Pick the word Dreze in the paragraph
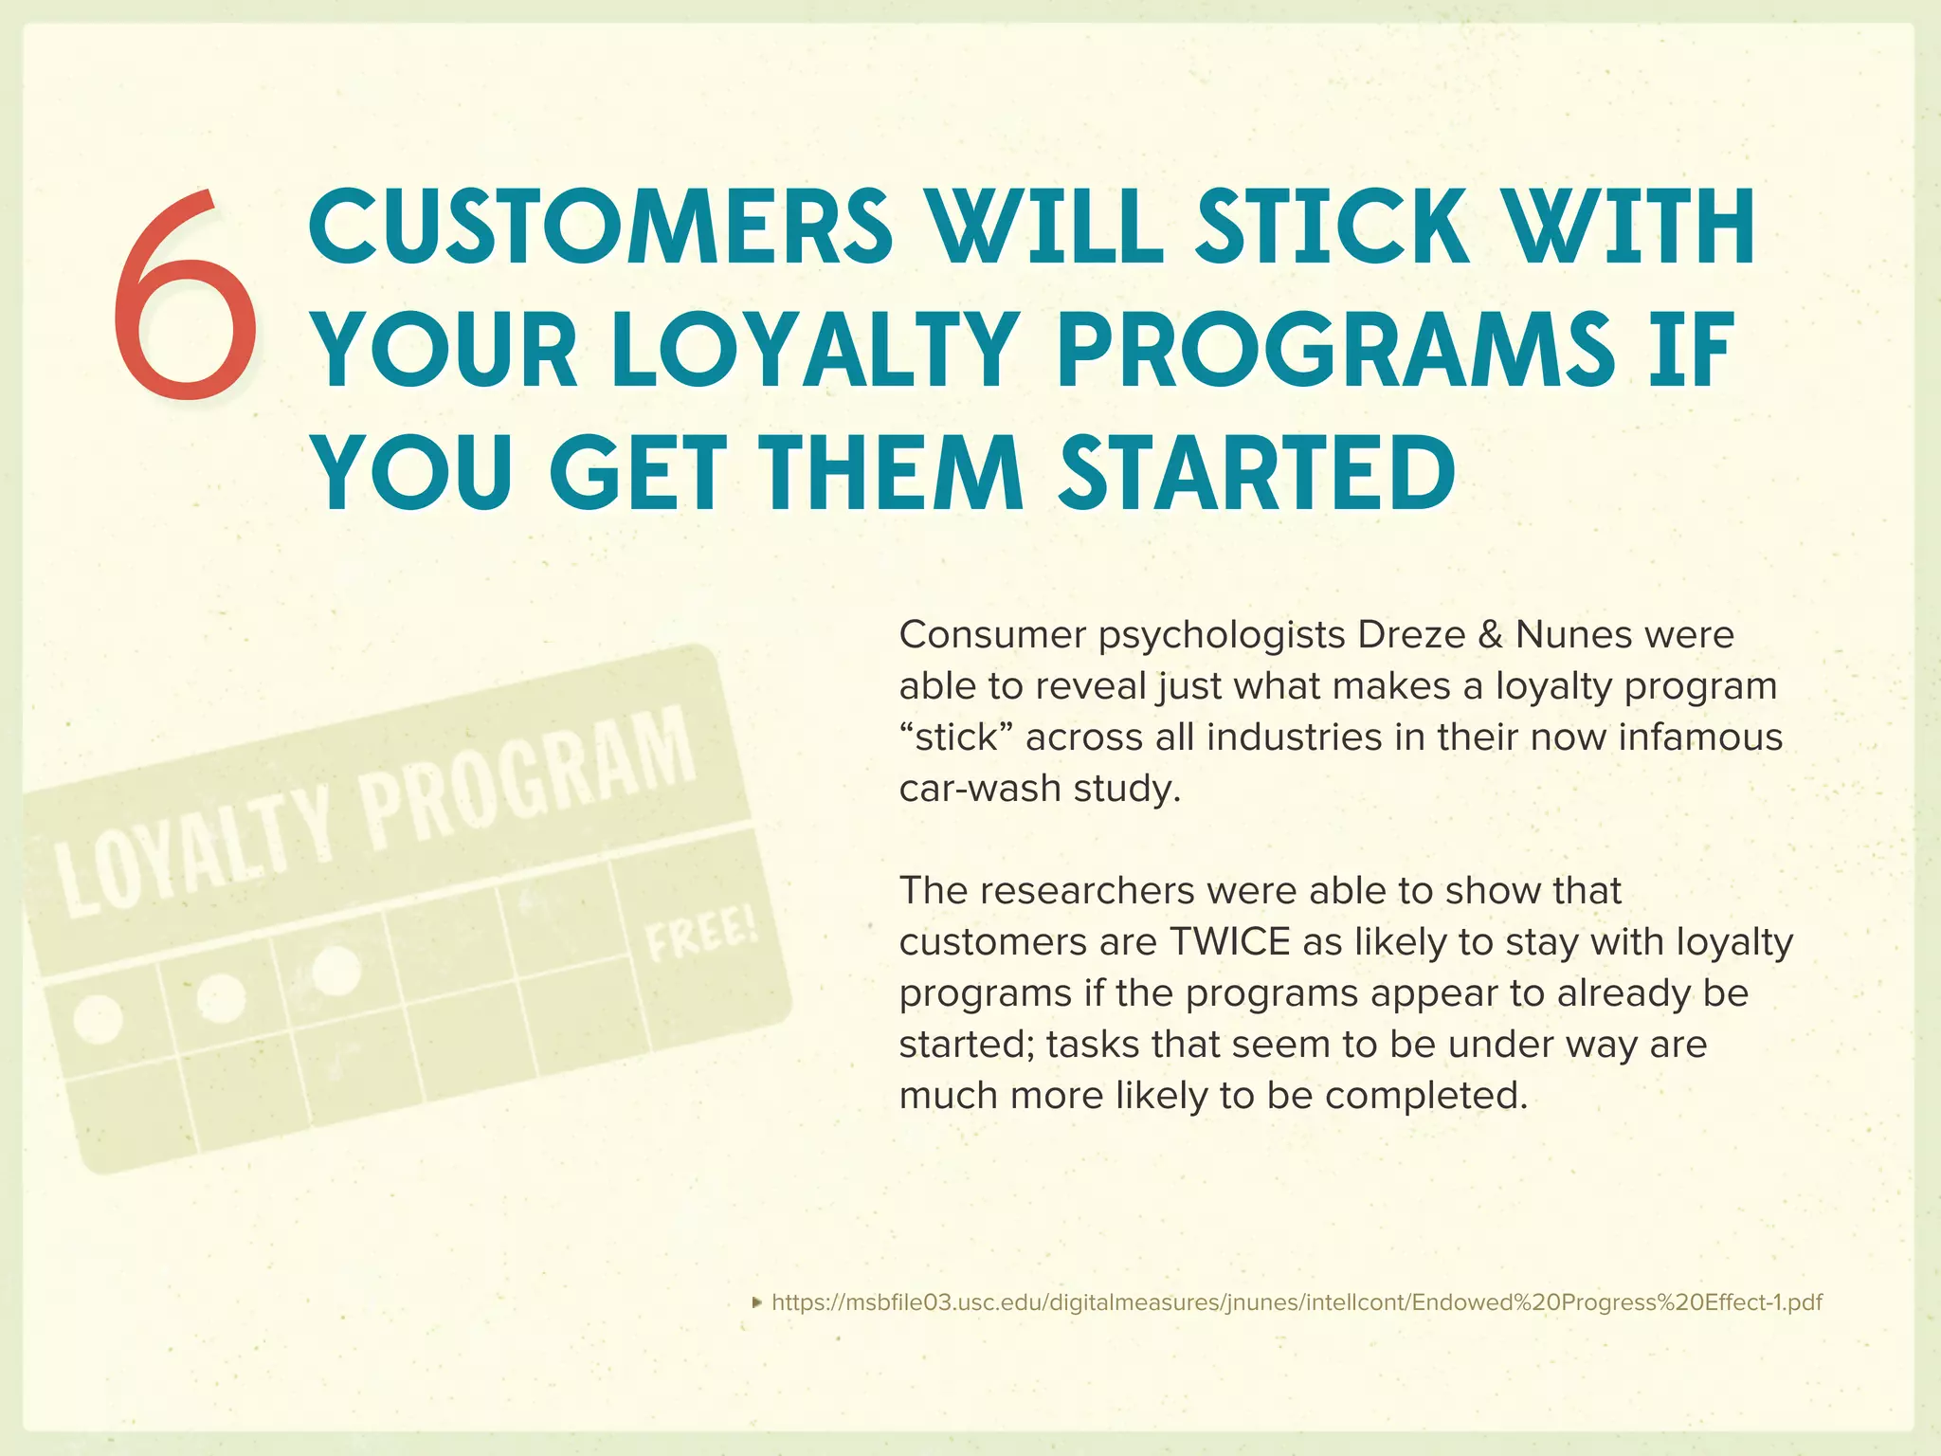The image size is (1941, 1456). coord(1411,634)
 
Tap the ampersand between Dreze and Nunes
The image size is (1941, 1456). coord(1490,634)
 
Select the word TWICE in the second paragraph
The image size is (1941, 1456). coord(1229,942)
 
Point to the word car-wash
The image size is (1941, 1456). coord(980,789)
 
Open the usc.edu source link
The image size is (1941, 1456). coord(1297,1302)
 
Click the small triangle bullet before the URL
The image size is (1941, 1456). coord(756,1302)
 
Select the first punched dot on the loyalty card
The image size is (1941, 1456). coord(99,1019)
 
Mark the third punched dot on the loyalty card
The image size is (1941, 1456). coord(336,970)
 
